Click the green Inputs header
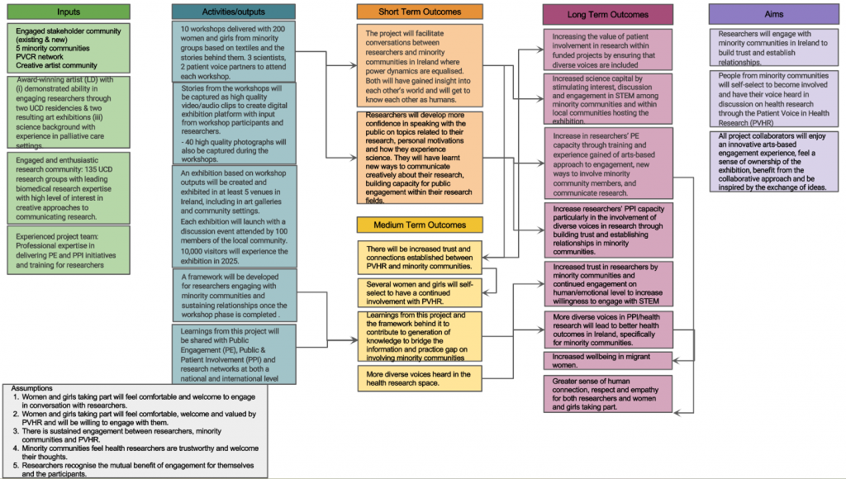coord(69,12)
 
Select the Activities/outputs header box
coord(233,12)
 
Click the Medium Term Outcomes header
coord(420,225)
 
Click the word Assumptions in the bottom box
coord(36,388)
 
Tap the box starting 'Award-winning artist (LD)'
coord(69,112)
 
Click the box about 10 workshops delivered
coord(233,50)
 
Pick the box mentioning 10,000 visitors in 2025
coord(233,216)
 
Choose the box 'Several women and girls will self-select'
coord(420,292)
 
